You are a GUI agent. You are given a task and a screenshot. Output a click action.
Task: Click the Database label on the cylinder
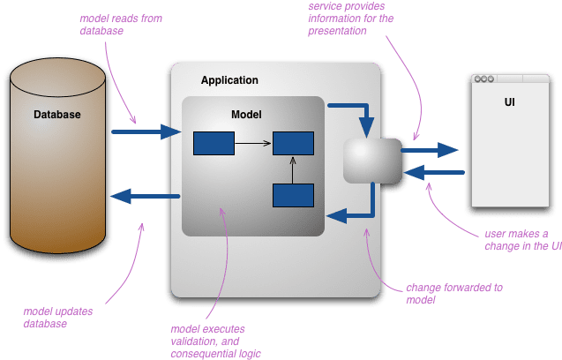57,115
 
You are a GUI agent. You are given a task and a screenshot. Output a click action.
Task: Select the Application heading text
229,80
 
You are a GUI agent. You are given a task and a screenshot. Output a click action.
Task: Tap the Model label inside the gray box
246,115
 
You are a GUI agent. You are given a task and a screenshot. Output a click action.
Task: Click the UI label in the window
510,102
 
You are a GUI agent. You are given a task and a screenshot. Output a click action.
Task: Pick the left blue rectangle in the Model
214,142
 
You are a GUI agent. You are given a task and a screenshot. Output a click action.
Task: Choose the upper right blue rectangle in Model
293,142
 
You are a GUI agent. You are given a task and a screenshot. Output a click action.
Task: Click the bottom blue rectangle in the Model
293,195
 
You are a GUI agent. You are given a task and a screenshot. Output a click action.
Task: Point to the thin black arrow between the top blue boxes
253,142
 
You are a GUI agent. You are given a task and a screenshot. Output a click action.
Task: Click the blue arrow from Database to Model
146,132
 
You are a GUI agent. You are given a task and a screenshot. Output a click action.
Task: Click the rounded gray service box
371,160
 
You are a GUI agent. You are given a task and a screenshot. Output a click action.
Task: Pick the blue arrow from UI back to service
432,172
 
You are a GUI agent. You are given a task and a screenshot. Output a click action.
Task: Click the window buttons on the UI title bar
483,80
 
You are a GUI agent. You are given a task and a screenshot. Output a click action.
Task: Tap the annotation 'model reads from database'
113,24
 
